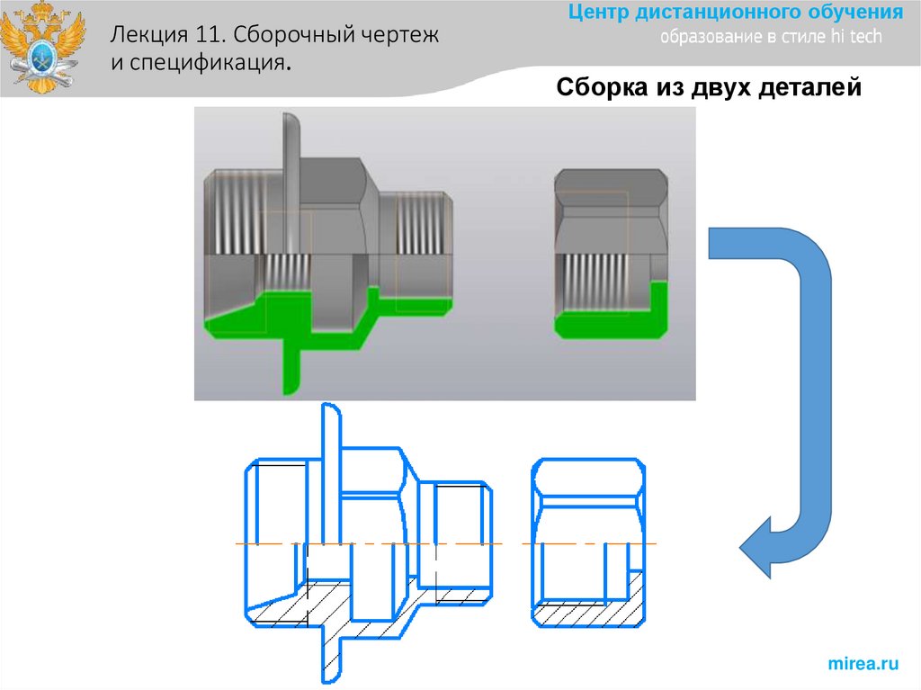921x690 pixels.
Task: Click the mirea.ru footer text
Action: click(863, 664)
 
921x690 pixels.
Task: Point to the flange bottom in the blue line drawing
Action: click(330, 661)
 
